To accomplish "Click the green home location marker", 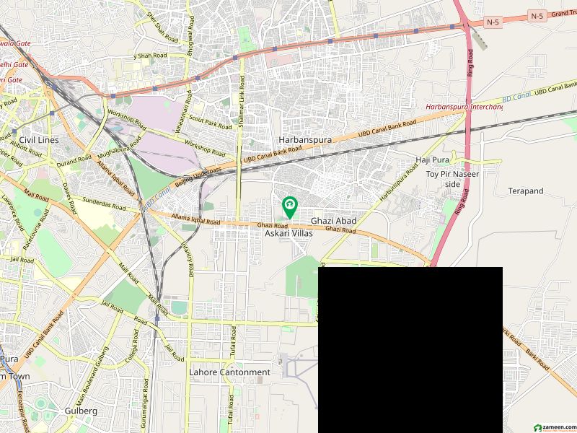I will (289, 207).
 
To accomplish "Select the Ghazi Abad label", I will (334, 220).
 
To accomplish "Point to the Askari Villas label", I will (288, 235).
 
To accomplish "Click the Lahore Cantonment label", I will (229, 372).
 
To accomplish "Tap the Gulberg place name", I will (81, 410).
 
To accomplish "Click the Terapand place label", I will (525, 191).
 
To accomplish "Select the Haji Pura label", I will (433, 159).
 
